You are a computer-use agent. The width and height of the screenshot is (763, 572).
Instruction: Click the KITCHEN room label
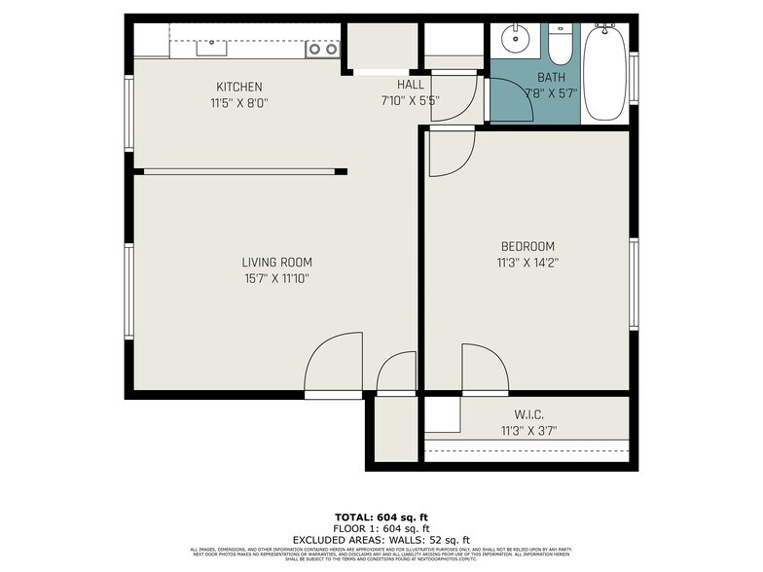(238, 87)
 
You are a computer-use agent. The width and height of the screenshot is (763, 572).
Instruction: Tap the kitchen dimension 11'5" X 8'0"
(238, 101)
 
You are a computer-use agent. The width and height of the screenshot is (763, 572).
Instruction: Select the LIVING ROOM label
(276, 262)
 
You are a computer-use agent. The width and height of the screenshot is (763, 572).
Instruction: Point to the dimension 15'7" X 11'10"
(276, 278)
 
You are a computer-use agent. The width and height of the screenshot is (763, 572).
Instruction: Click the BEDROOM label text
(527, 246)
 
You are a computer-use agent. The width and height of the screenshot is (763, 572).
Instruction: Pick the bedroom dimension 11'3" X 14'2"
(527, 262)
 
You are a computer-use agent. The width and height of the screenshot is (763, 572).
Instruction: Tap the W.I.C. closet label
(528, 415)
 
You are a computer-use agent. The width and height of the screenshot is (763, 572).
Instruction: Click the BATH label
(552, 78)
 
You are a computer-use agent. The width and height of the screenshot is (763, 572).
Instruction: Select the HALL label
(410, 85)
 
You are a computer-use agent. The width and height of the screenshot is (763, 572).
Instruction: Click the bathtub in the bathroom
(605, 73)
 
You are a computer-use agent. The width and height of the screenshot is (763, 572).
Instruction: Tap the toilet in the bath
(560, 44)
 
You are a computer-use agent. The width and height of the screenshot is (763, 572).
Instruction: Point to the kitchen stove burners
(323, 49)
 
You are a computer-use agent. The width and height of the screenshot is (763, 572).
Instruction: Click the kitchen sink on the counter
(211, 47)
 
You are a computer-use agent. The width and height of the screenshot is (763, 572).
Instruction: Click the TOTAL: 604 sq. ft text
(381, 518)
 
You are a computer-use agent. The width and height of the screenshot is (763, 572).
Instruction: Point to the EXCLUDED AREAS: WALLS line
(381, 540)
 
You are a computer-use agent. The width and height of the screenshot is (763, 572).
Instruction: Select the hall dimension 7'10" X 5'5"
(410, 99)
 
